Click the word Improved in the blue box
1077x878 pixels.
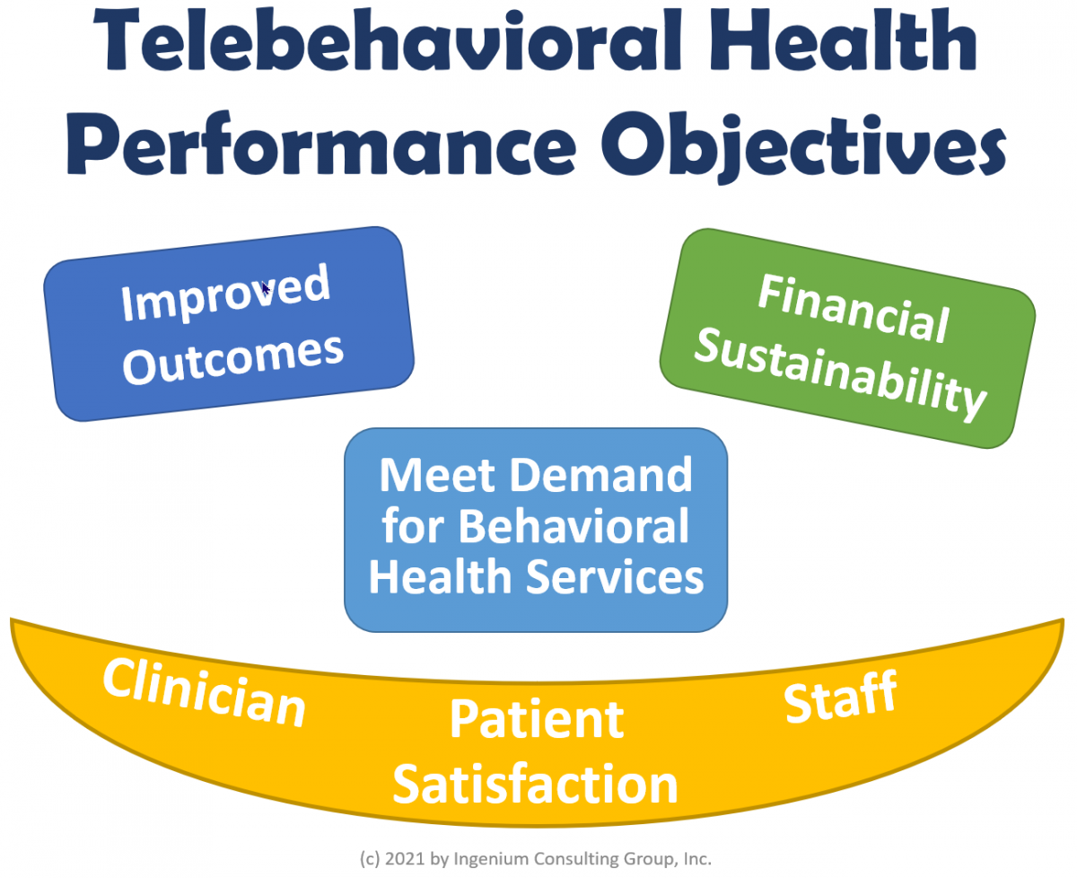(x=225, y=294)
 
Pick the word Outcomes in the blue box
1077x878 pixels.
(x=233, y=358)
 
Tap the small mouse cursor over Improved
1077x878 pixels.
(x=266, y=288)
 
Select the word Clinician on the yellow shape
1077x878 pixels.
(x=205, y=693)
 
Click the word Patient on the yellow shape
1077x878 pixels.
(x=536, y=720)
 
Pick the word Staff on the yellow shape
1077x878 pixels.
(x=841, y=698)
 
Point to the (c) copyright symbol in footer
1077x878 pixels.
(x=370, y=859)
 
